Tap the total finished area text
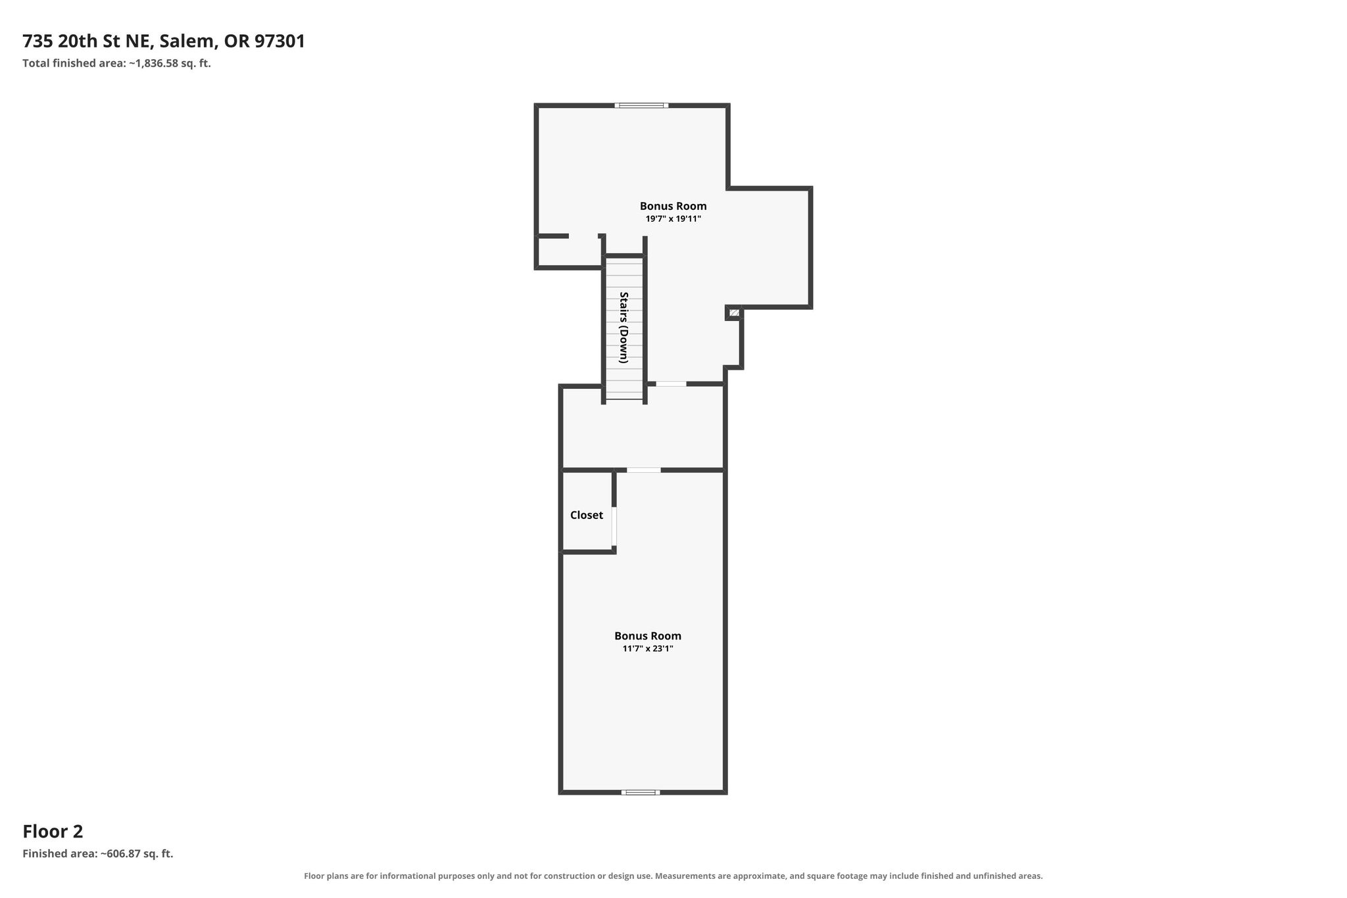click(116, 64)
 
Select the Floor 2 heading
click(53, 832)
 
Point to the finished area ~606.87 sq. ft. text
click(98, 854)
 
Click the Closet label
click(587, 515)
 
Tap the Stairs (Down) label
click(624, 328)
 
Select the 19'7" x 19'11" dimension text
click(673, 219)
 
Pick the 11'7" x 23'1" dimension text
click(648, 649)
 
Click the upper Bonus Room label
click(673, 206)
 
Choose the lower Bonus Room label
click(648, 636)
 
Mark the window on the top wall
click(642, 105)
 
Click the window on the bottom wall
click(641, 792)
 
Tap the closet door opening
click(614, 526)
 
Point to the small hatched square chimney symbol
click(734, 312)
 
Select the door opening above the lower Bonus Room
click(643, 470)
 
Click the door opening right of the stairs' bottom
click(671, 384)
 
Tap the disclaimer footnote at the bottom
click(673, 876)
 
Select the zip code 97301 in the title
click(280, 41)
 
